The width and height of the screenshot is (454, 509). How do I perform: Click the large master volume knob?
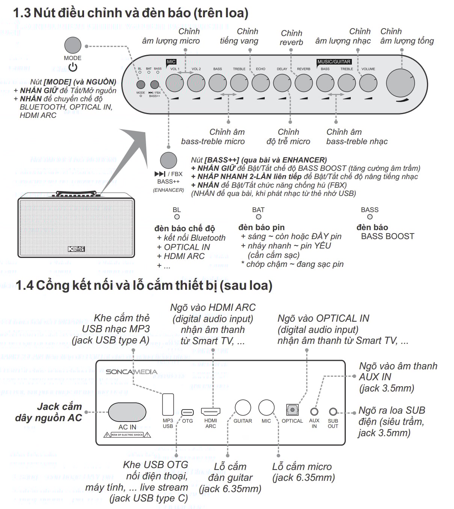(x=400, y=83)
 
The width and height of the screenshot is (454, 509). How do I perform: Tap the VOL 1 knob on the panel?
(x=175, y=83)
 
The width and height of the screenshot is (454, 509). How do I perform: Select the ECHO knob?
(x=261, y=83)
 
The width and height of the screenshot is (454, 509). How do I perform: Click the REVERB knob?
(x=303, y=83)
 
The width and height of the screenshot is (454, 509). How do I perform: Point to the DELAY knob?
(x=282, y=83)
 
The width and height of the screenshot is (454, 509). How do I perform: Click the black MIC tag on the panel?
(x=171, y=62)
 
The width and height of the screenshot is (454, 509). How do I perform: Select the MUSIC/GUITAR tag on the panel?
(x=334, y=62)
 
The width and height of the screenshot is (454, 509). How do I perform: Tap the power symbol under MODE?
(x=73, y=67)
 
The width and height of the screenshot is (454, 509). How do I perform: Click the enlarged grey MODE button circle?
(x=73, y=45)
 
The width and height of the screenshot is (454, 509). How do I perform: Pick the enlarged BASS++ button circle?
(x=168, y=160)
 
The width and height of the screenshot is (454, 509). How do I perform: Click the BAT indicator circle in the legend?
(x=258, y=217)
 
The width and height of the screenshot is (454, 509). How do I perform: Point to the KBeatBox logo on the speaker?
(x=77, y=249)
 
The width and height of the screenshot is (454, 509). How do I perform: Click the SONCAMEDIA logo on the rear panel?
(x=131, y=372)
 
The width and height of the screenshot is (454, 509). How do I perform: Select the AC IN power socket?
(x=127, y=412)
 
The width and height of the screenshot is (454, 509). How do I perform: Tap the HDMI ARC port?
(x=211, y=411)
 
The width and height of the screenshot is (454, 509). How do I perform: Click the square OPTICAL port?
(x=292, y=410)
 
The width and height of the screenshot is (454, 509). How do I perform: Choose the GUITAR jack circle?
(x=243, y=408)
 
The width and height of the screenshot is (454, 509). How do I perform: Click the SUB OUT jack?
(x=333, y=412)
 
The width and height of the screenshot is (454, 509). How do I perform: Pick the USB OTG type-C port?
(x=187, y=412)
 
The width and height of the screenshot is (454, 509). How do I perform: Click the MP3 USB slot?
(x=168, y=404)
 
